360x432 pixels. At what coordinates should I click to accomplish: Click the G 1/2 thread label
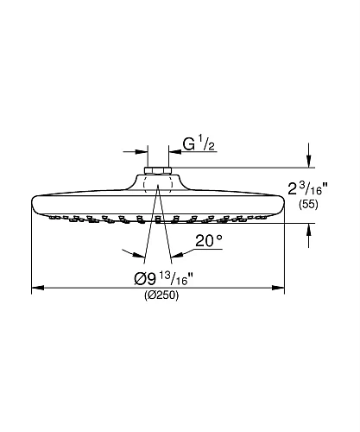[199, 144]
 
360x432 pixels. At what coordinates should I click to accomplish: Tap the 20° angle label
[209, 241]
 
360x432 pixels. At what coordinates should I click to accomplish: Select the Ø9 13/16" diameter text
[163, 279]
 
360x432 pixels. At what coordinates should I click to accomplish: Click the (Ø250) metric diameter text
[161, 295]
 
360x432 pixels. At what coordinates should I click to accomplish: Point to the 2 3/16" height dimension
[307, 188]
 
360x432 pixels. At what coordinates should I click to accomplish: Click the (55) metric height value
[308, 205]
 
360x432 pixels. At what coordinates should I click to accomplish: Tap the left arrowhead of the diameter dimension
[38, 288]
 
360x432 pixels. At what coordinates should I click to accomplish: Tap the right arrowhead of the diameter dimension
[278, 288]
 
